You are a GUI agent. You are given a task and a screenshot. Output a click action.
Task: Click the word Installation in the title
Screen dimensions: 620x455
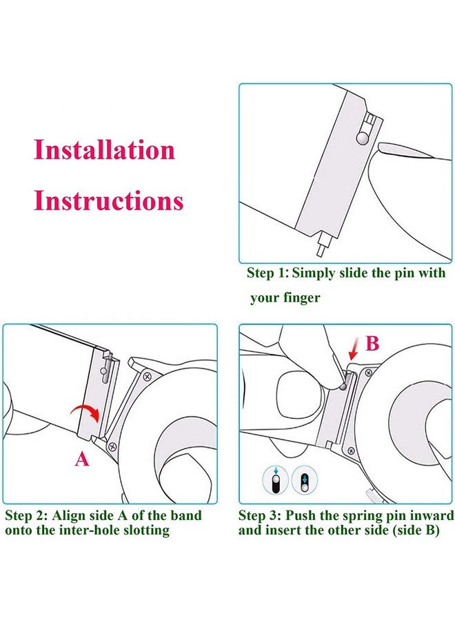[104, 149]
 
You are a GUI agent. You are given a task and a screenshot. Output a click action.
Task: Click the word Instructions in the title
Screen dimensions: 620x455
[109, 200]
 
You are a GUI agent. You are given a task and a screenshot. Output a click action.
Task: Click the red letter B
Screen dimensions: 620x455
[372, 344]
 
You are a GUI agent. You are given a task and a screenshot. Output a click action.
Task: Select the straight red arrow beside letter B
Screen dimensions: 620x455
[354, 353]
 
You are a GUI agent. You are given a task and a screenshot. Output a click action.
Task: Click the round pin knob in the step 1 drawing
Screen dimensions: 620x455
[362, 139]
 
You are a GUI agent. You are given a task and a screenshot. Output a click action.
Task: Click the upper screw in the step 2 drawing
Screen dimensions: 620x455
[147, 377]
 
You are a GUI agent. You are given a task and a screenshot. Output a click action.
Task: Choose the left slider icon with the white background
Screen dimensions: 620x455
[276, 479]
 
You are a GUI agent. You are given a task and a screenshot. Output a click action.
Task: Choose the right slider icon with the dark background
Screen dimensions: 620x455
[305, 479]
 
